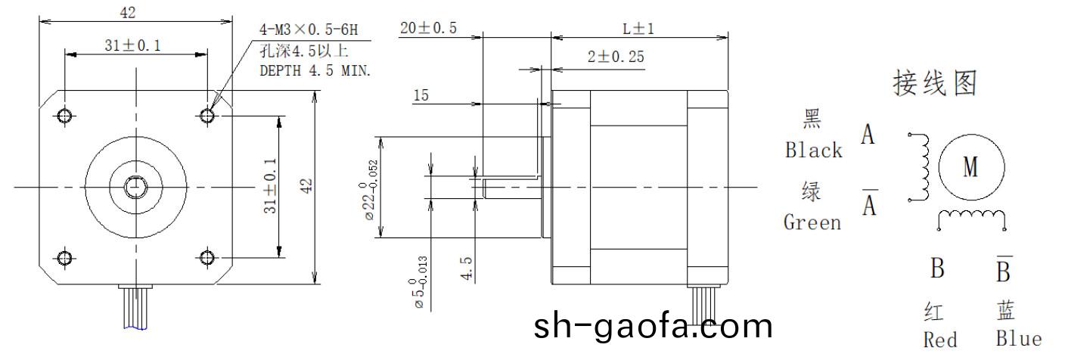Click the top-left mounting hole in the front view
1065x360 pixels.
click(x=65, y=115)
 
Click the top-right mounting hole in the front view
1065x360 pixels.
click(x=207, y=115)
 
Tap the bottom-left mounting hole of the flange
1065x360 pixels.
click(x=65, y=258)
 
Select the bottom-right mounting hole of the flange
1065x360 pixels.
click(x=207, y=258)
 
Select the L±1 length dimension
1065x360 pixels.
click(x=638, y=29)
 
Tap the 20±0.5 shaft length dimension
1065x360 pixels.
click(x=429, y=29)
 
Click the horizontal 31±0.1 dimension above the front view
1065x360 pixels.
click(x=132, y=46)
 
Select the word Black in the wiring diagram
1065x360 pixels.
click(x=813, y=150)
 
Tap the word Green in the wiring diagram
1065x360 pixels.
click(x=812, y=222)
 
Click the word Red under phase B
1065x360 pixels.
click(x=940, y=340)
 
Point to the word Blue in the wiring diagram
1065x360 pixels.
click(x=1018, y=339)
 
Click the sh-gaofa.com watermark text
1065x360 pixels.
click(x=654, y=327)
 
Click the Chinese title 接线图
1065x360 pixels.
click(x=935, y=84)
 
